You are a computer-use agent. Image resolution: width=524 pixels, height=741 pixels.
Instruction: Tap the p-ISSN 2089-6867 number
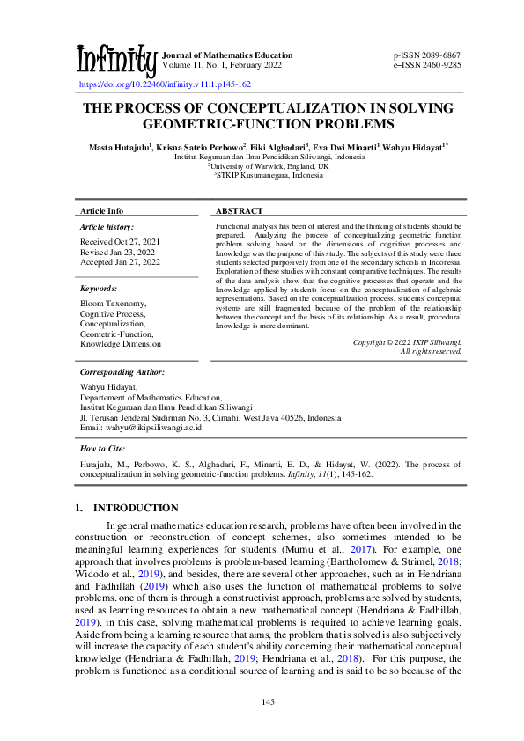pyautogui.click(x=427, y=55)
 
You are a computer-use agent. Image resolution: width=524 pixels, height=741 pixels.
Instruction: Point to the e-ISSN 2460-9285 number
pyautogui.click(x=427, y=64)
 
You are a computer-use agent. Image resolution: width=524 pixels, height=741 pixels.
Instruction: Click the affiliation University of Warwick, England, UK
pyautogui.click(x=268, y=165)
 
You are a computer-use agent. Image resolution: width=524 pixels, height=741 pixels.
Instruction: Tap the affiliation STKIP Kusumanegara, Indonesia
pyautogui.click(x=268, y=174)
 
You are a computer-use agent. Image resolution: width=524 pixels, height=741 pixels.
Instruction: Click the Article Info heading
pyautogui.click(x=102, y=211)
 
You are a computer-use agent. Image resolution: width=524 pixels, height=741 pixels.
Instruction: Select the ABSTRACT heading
pyautogui.click(x=240, y=211)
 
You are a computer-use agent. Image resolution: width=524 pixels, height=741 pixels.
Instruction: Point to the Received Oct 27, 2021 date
pyautogui.click(x=121, y=240)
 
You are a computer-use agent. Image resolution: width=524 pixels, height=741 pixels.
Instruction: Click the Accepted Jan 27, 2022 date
pyautogui.click(x=121, y=261)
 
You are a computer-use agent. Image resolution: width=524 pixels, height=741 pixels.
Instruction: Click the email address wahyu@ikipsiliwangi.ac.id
pyautogui.click(x=141, y=428)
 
